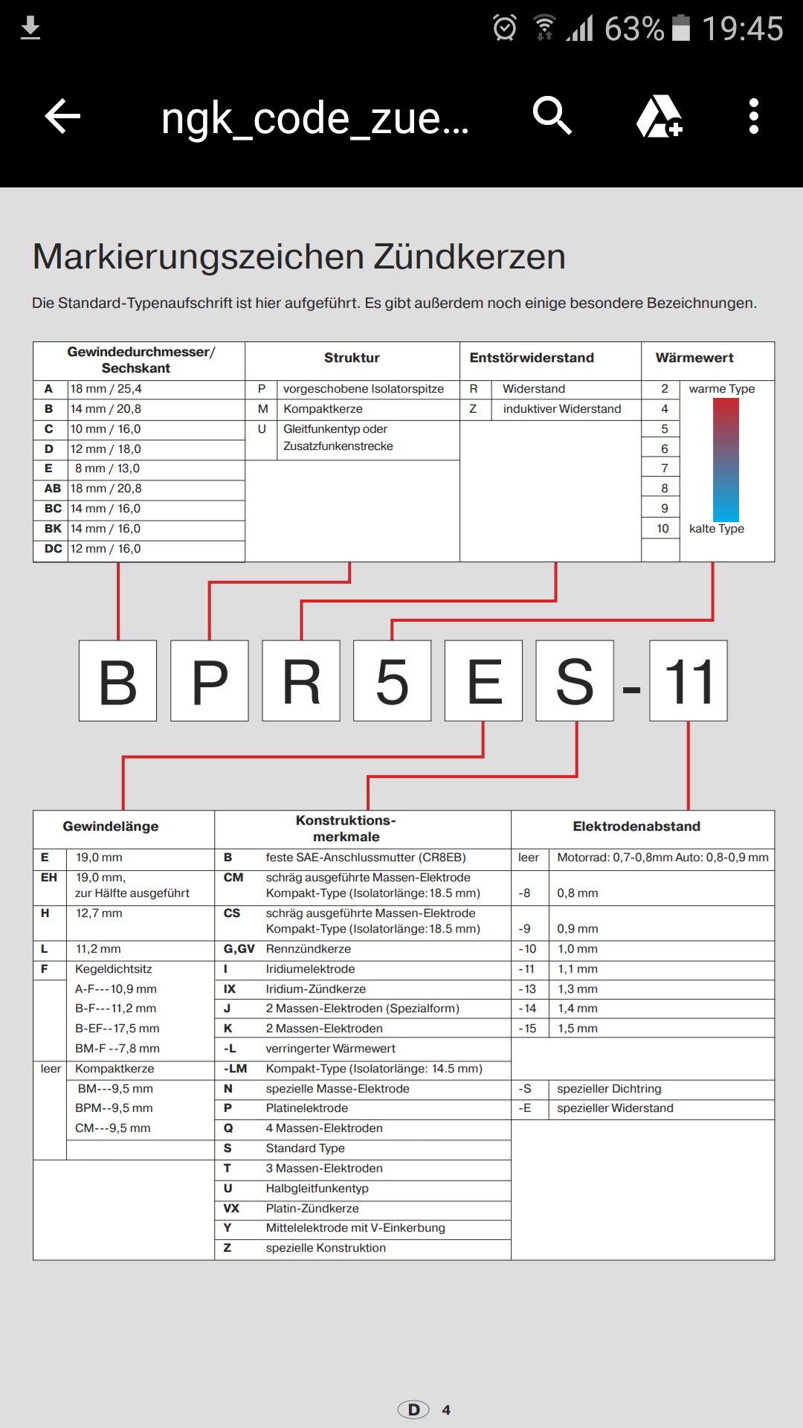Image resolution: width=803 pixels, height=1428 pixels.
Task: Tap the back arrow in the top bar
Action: (62, 117)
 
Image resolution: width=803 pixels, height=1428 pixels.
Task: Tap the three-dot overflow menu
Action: (753, 117)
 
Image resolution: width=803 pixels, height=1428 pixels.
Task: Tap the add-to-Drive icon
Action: (659, 117)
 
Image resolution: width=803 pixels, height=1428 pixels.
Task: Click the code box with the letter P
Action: (210, 681)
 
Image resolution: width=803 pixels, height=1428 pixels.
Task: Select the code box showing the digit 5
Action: (392, 681)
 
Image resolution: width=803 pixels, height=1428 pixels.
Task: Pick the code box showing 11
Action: (688, 681)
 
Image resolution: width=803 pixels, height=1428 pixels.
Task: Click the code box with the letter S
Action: (575, 681)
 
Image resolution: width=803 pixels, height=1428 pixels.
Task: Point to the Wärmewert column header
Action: (694, 358)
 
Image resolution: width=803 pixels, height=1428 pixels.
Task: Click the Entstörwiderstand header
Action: (532, 358)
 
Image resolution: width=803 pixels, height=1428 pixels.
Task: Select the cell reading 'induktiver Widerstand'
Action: (561, 409)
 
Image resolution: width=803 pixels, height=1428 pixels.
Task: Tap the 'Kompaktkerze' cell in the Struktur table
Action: (323, 409)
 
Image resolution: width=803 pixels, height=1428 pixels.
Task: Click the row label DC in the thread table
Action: (53, 549)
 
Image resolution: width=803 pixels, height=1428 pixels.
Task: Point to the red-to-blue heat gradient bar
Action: (726, 460)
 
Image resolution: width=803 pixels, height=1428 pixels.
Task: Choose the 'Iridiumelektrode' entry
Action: (310, 969)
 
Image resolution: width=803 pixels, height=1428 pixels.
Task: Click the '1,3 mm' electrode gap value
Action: (578, 989)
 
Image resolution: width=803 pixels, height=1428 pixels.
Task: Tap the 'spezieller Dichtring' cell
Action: (609, 1089)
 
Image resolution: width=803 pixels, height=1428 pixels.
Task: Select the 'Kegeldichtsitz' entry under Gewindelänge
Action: (113, 969)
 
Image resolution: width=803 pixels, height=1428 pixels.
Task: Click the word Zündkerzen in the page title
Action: (469, 257)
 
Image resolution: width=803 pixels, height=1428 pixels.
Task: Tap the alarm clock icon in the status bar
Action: (505, 28)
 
